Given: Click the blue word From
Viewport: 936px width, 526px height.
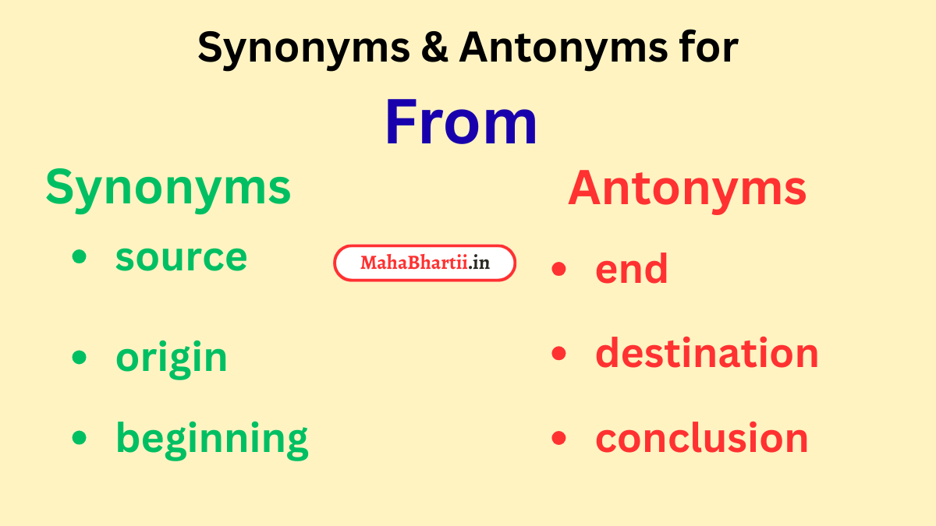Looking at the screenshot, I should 461,123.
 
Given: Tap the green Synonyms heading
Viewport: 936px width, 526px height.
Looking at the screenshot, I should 168,188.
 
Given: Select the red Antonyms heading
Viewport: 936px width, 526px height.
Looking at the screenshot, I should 686,189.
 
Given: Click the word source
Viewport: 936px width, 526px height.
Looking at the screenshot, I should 181,258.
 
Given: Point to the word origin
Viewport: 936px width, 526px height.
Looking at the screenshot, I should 172,358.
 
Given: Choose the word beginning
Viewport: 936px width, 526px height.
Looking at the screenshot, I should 211,439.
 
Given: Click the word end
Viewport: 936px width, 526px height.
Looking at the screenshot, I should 631,270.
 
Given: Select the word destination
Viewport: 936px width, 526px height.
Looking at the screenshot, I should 707,353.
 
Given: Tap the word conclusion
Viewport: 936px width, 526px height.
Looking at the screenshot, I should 701,439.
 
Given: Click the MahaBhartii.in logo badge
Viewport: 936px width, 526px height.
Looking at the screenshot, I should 424,263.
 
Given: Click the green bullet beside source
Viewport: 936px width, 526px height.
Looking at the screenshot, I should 79,257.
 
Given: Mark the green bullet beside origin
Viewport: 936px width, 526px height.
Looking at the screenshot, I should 79,357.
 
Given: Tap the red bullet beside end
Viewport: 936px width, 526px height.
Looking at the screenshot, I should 558,269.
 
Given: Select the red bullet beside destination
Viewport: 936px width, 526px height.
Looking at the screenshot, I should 558,353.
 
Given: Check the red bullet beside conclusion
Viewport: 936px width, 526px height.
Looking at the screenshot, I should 558,438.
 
